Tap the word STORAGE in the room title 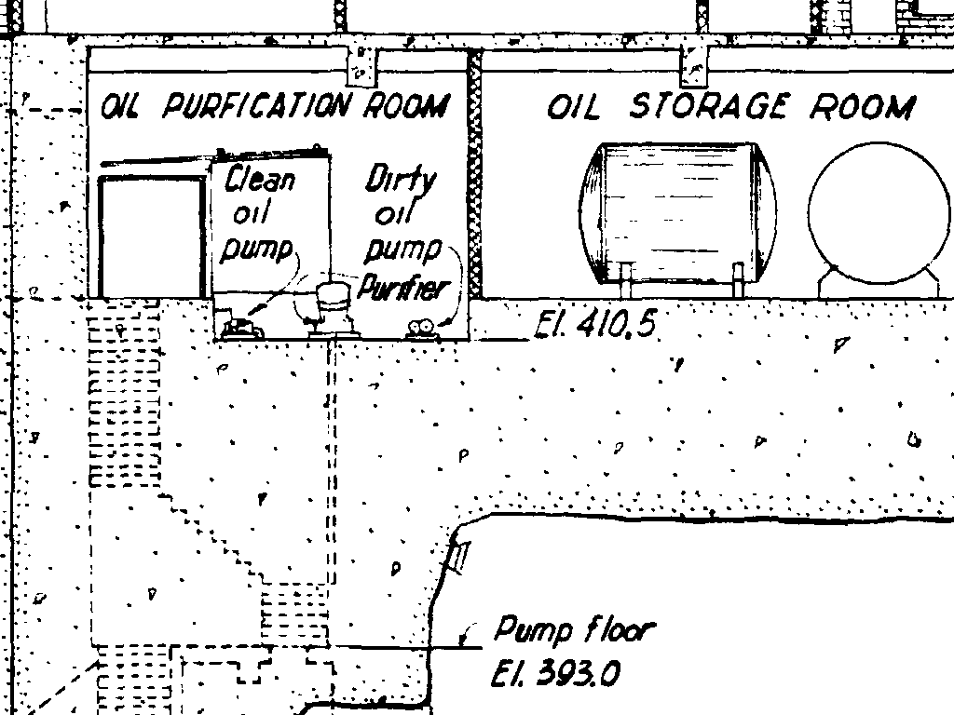coord(708,107)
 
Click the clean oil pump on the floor coord(240,327)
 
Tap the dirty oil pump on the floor coord(421,328)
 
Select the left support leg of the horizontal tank coord(626,279)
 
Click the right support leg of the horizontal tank coord(738,279)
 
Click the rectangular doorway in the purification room coord(151,237)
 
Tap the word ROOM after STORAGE coord(862,107)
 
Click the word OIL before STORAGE coord(573,107)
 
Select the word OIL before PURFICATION coord(120,107)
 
